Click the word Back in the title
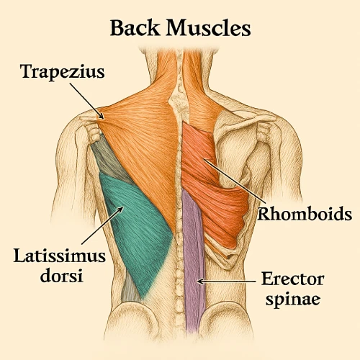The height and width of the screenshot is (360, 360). point(135,28)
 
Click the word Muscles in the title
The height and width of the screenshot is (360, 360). point(208,28)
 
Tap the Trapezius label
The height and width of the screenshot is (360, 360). point(63,72)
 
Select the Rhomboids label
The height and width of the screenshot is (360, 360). point(305,214)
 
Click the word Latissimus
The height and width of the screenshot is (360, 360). point(60,256)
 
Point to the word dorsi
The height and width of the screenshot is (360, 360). point(61,276)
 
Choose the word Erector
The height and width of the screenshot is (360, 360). point(293,279)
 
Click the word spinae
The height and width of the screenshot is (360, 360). point(293,299)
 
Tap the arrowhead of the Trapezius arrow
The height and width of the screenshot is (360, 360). point(102,116)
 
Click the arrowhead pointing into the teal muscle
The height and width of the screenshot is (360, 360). point(120,210)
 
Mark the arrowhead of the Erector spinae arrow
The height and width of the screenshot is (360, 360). point(200,281)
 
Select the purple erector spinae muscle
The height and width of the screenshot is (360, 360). point(194,259)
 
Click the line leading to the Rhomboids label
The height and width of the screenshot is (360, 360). point(235,180)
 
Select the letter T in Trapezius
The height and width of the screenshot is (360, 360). point(27,71)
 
